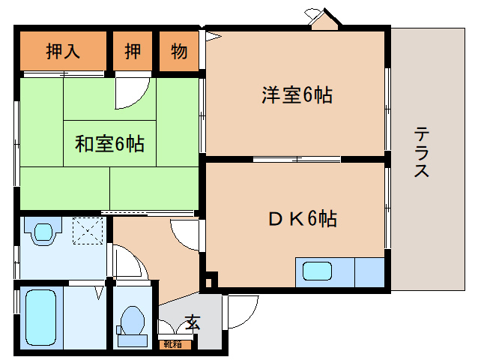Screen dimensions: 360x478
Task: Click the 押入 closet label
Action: pos(64,52)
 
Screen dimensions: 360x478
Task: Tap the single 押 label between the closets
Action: pos(133,52)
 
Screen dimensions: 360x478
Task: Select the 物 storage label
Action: pos(178,52)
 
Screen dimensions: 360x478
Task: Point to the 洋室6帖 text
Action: pos(297,95)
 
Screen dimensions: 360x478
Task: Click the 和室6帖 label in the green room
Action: pos(109,142)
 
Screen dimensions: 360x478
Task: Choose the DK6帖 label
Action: pos(302,219)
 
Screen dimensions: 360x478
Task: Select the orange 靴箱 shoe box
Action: pos(177,344)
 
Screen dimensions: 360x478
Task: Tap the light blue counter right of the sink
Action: pos(369,271)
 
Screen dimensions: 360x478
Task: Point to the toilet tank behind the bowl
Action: pos(133,339)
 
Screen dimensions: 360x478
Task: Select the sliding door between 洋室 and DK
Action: pos(296,159)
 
